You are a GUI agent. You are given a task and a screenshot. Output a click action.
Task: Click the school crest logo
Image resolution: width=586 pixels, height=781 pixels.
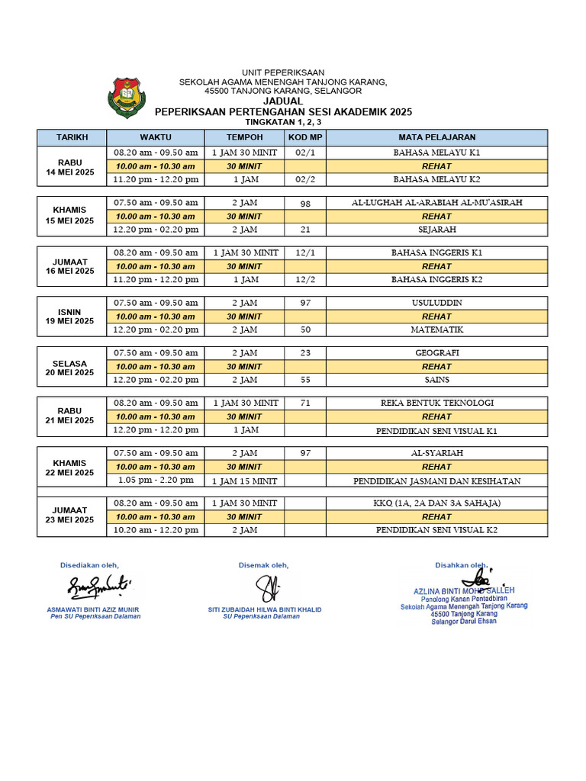[126, 97]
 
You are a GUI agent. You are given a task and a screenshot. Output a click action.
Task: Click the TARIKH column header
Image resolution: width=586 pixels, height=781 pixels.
[72, 137]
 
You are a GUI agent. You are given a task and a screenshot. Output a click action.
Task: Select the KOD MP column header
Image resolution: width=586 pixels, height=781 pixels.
[305, 137]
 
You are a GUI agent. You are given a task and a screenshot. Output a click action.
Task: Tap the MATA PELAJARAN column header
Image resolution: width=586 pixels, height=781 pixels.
[436, 137]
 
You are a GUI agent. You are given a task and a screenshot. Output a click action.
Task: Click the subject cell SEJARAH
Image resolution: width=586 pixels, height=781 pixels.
[436, 230]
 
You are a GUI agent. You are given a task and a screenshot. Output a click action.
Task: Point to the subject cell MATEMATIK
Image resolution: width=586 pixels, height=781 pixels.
[436, 329]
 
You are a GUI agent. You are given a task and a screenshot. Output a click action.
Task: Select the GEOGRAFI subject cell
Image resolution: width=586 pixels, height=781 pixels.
[436, 353]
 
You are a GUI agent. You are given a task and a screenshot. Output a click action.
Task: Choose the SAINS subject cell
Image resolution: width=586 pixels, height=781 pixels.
[436, 380]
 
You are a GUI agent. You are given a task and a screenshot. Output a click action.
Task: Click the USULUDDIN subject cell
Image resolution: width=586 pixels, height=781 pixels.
[436, 303]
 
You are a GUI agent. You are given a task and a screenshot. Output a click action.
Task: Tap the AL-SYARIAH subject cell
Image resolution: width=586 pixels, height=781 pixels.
[436, 453]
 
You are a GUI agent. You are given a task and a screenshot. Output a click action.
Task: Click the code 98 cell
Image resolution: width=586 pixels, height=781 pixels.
[305, 204]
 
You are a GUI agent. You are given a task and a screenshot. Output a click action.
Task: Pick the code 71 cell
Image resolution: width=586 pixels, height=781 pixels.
[305, 403]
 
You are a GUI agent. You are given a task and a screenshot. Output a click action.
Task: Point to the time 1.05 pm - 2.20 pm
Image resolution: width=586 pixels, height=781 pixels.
[156, 480]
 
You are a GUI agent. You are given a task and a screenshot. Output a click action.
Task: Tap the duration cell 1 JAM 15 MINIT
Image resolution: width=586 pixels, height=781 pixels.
[244, 480]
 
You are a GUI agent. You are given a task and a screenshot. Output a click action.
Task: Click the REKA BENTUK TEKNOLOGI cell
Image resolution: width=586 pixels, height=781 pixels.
[436, 403]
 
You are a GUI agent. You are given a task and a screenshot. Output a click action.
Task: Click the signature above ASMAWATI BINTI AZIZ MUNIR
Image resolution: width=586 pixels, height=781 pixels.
[99, 587]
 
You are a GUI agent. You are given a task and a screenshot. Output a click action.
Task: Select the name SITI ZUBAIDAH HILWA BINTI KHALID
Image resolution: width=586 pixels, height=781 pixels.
[265, 609]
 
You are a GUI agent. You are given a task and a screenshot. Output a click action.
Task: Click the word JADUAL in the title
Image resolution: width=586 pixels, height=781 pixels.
[283, 101]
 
